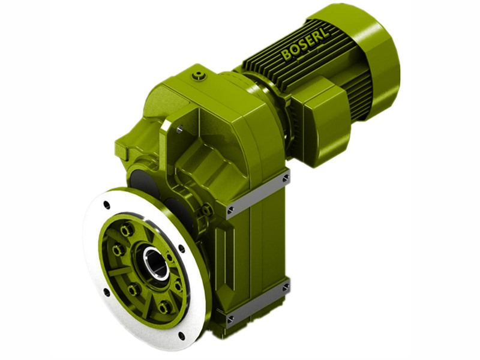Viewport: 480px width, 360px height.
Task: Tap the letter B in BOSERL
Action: point(286,55)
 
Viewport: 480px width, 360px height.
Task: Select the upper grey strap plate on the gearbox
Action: point(258,192)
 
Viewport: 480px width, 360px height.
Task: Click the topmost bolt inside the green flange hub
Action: point(125,230)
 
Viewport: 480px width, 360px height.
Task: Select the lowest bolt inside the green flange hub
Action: point(163,308)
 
